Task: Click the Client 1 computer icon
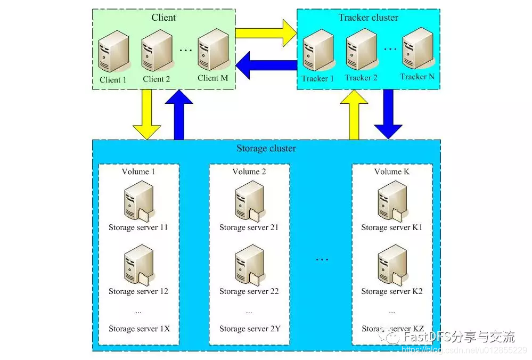coord(113,51)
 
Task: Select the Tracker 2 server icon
coord(361,51)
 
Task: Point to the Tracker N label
coord(417,77)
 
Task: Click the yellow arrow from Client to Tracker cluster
coord(265,33)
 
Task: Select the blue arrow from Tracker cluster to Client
coord(266,66)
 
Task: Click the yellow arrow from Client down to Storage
coord(146,114)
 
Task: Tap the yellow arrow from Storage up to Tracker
coord(354,114)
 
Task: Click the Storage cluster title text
coord(266,148)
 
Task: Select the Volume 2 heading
coord(249,171)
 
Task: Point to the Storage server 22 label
coord(249,291)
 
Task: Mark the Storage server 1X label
coord(138,329)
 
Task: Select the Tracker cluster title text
coord(368,18)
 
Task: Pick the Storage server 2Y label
coord(249,329)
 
